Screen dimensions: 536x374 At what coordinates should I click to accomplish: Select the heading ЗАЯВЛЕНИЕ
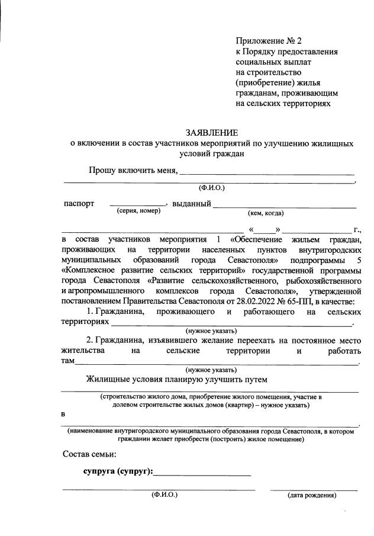pos(212,132)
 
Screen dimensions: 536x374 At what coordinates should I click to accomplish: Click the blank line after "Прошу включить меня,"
pos(266,174)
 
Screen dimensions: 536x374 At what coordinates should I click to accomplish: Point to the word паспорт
pos(79,204)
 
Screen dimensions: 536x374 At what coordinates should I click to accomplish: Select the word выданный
pos(192,204)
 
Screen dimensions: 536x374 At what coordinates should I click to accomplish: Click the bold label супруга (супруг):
pos(118,471)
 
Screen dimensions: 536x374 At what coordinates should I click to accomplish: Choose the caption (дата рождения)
pos(312,495)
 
